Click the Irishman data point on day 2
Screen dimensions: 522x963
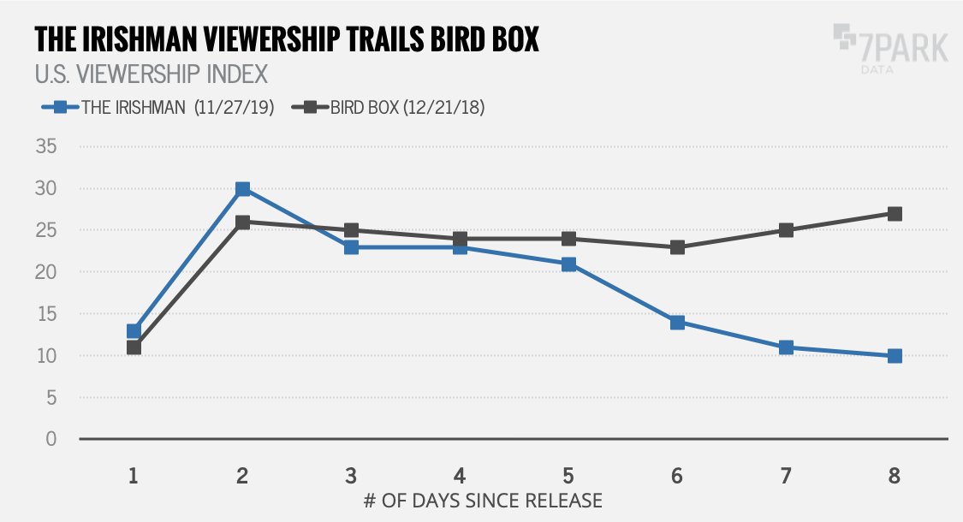242,188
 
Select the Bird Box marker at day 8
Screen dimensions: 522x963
895,214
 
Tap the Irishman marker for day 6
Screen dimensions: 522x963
677,323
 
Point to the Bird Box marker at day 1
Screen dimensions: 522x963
134,347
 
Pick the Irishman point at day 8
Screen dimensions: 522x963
895,356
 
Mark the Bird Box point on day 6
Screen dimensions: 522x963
677,247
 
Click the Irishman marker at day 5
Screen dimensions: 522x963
568,264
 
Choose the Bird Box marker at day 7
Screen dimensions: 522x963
786,230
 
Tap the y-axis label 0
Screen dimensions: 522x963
51,440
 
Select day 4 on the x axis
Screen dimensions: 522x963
460,474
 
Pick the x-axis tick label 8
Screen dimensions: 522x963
895,474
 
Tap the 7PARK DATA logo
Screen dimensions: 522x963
890,47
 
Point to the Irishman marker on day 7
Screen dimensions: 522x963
786,347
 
